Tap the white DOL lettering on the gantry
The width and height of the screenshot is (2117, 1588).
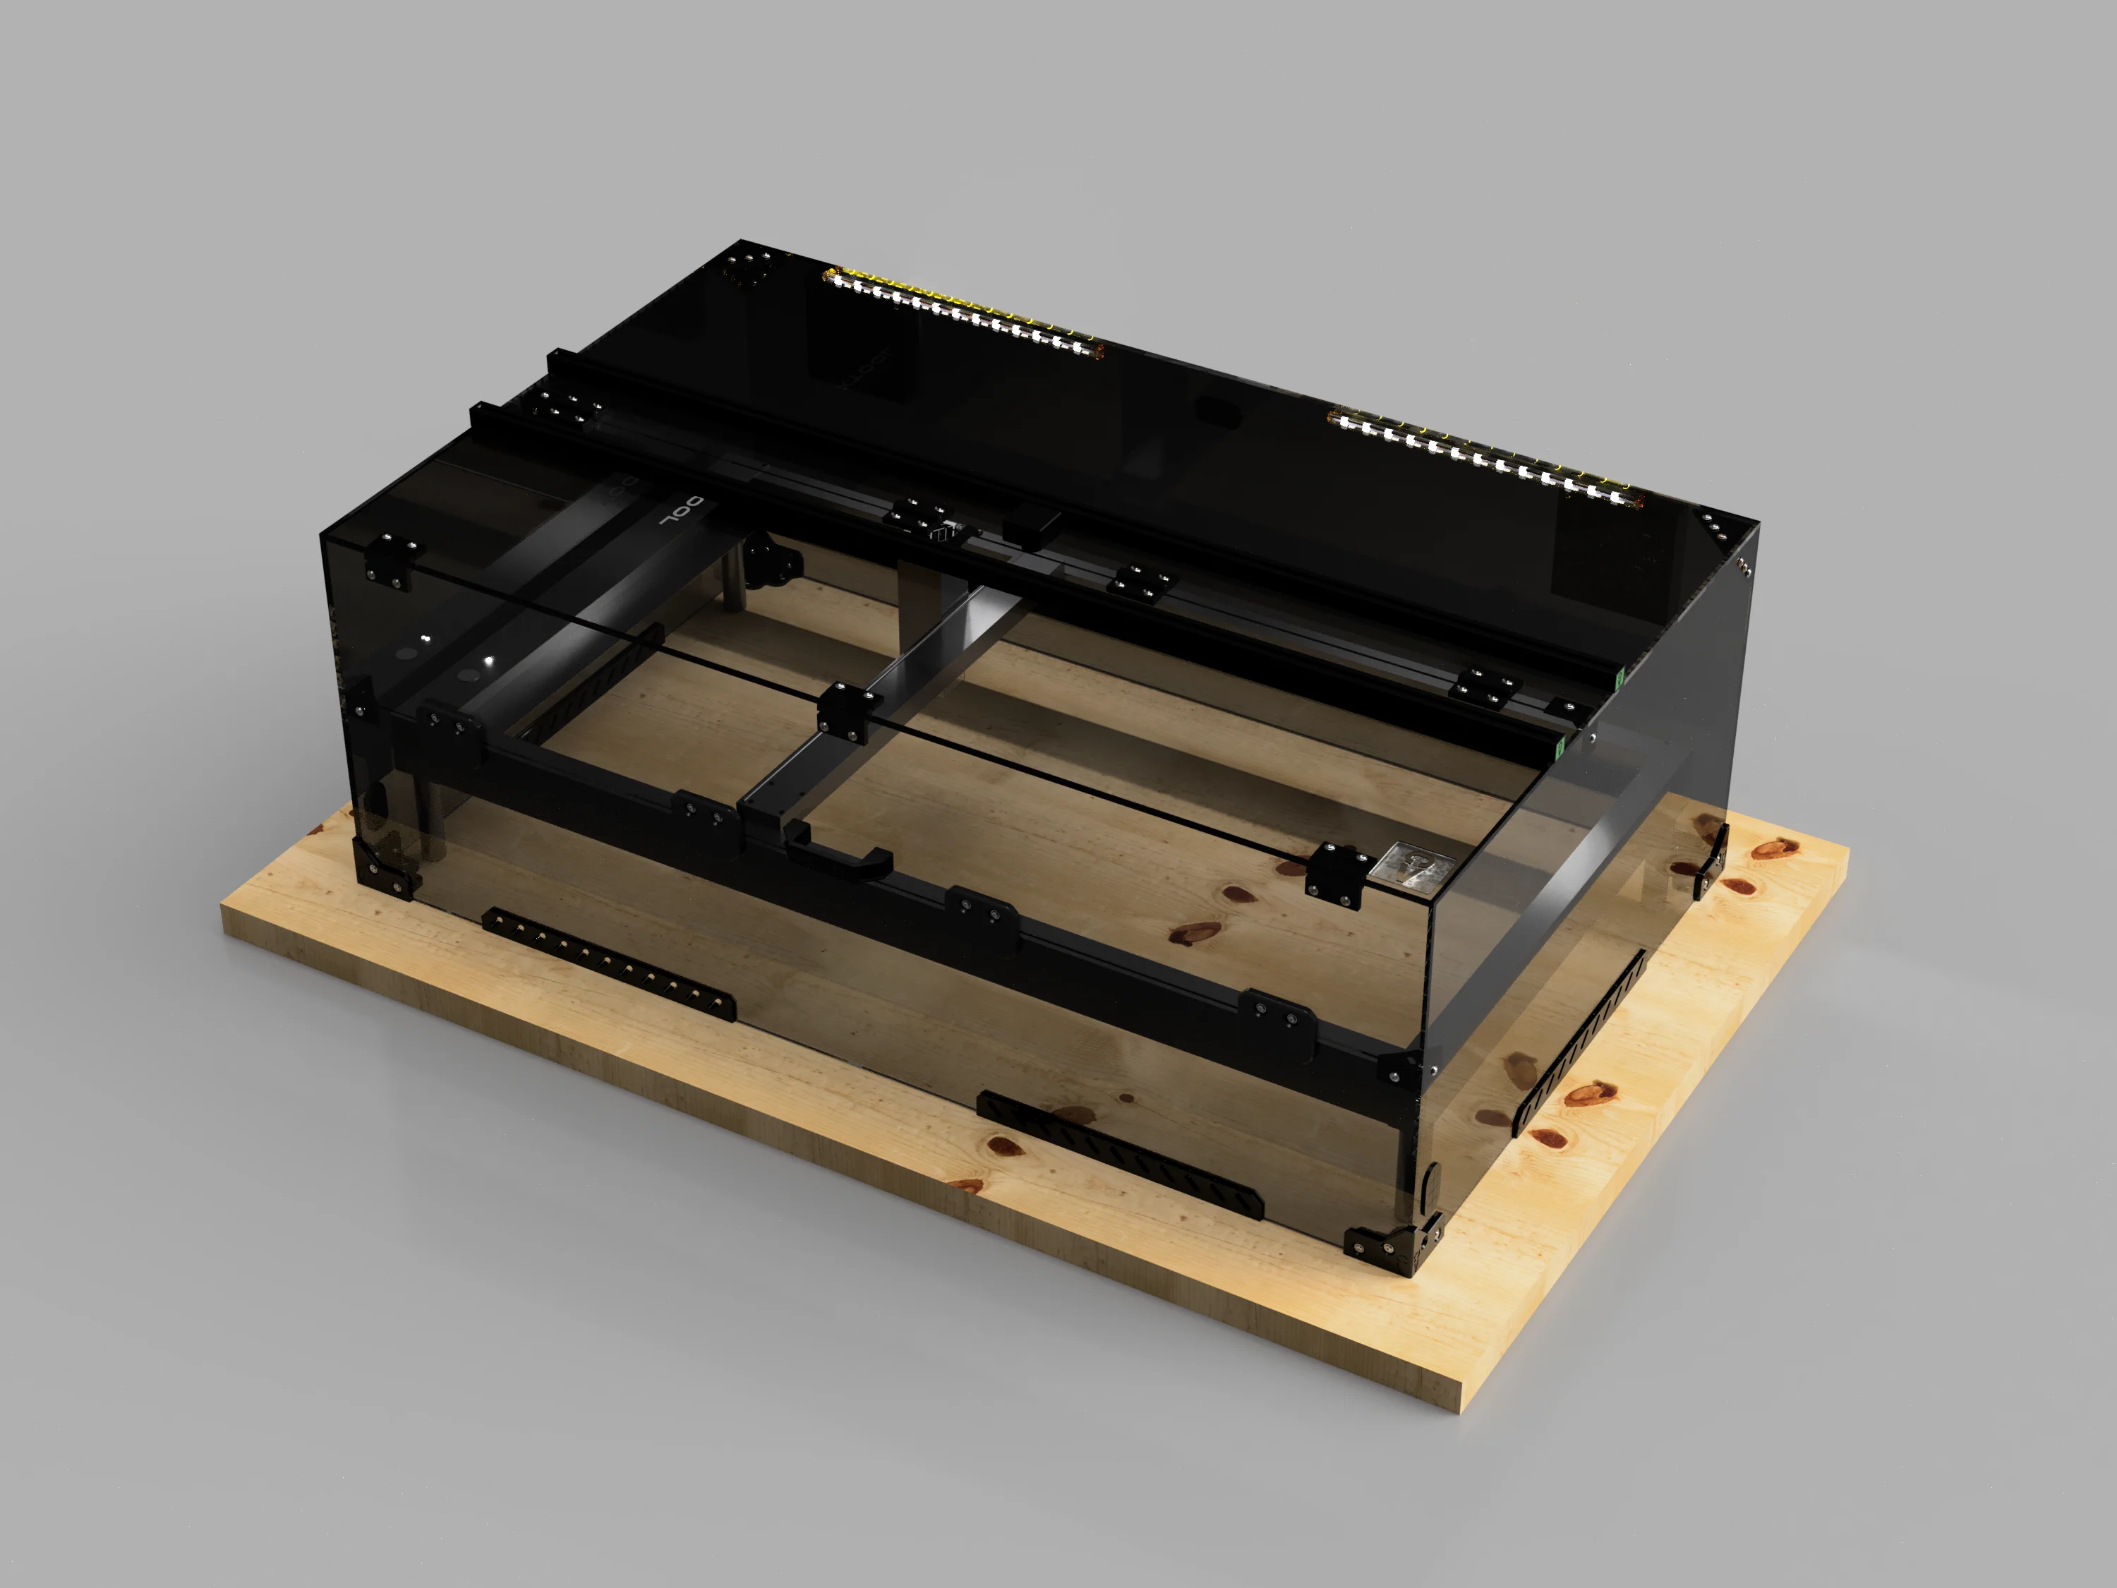682,513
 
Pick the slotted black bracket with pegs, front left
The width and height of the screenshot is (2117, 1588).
609,963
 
